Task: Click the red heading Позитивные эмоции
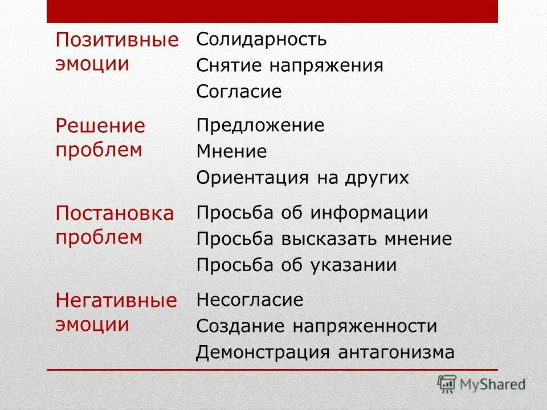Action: tap(117, 51)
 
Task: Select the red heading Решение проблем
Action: tap(101, 137)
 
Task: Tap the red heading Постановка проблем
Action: tap(115, 225)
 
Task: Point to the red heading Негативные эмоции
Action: tap(116, 312)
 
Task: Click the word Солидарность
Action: tap(262, 40)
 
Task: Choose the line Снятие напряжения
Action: tap(289, 65)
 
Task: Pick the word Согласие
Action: tap(239, 92)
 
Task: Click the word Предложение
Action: tap(260, 125)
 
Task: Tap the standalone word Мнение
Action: tap(231, 152)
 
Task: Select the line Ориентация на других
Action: tap(303, 178)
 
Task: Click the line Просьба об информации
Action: tap(312, 213)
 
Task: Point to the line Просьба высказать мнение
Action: tap(324, 239)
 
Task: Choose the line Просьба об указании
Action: tap(296, 265)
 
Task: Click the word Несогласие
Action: tap(250, 300)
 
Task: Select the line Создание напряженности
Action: tap(316, 326)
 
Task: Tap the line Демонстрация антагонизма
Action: tap(325, 352)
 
